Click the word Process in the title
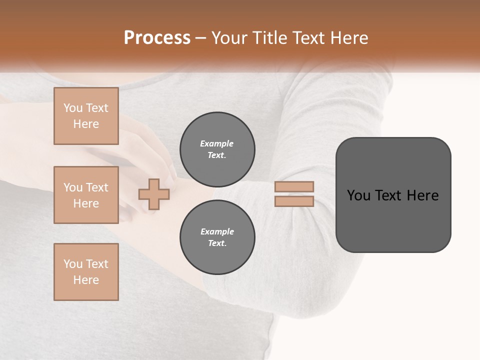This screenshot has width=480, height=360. [157, 38]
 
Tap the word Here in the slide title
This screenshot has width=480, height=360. [348, 38]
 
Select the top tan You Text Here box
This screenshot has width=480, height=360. [86, 116]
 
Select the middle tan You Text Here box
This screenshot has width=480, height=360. [86, 195]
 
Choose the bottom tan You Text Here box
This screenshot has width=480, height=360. [86, 272]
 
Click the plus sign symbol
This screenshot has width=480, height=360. [153, 194]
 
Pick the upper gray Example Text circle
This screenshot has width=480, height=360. [217, 149]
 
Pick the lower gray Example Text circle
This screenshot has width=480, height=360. [217, 237]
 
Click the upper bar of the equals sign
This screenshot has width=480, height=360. [294, 187]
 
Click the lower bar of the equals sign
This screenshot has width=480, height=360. [294, 201]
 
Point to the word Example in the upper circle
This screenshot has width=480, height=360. [217, 143]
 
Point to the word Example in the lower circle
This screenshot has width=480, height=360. [217, 231]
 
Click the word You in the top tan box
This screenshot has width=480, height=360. [72, 108]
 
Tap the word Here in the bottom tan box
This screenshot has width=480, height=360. [86, 280]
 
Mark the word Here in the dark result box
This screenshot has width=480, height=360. [422, 195]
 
